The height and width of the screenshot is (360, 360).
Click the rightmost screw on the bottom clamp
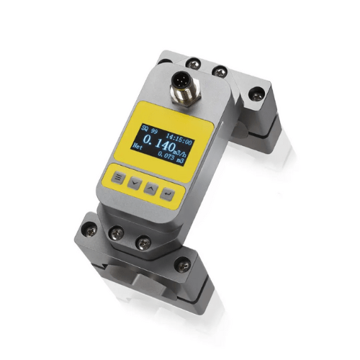(186, 266)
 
